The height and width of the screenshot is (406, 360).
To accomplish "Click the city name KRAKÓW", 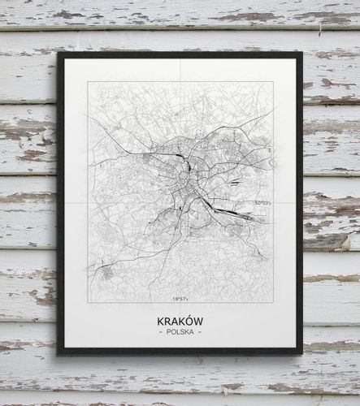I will (180, 322).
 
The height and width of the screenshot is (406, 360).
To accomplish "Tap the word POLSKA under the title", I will (180, 333).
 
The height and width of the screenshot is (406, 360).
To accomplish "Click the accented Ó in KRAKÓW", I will (190, 321).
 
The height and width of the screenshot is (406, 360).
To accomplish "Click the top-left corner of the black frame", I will (58, 54).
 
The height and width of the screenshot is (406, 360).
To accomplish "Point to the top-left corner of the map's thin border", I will (88, 81).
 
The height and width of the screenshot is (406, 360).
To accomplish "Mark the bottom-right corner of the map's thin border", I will (273, 303).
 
